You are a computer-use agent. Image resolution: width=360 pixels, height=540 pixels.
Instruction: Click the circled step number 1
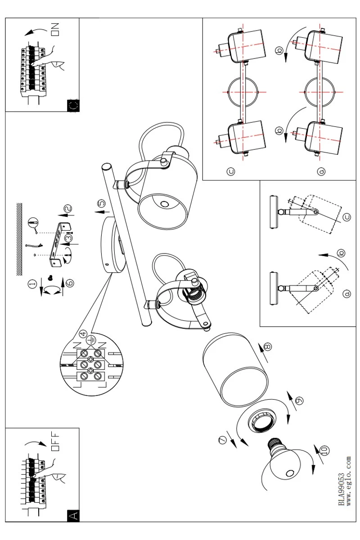32,284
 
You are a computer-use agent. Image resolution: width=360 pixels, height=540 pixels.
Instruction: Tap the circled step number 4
82,334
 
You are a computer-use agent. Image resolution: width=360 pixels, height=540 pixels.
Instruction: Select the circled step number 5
101,203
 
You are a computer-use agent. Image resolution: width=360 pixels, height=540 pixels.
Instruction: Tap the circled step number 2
67,208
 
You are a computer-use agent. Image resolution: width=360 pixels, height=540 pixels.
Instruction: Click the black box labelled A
72,515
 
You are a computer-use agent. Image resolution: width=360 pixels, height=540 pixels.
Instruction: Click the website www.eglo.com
348,481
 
